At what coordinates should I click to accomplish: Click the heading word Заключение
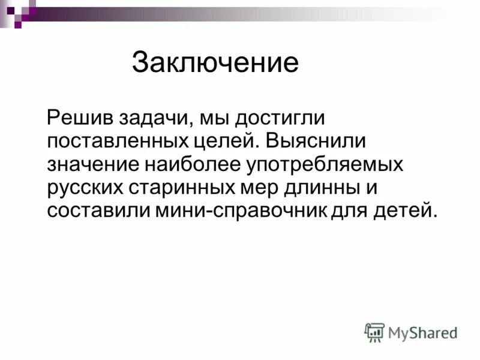215,63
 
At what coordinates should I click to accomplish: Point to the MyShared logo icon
374,332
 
